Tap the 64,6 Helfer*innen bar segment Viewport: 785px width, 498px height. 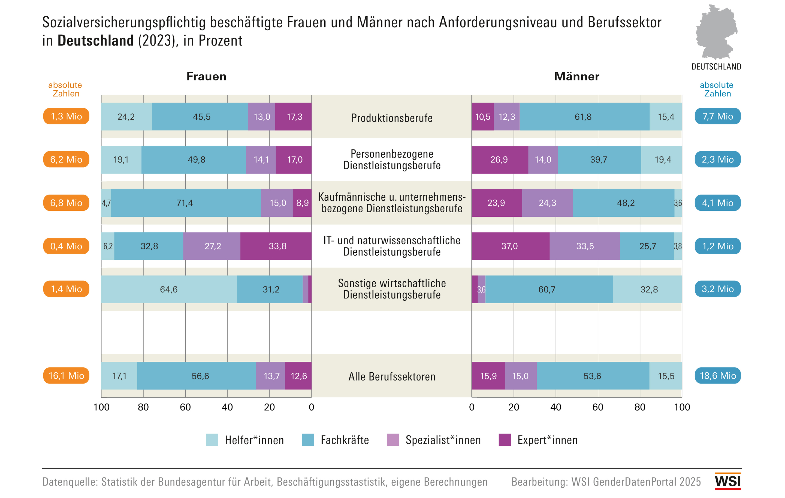point(169,289)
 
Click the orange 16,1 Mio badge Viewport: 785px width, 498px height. point(66,376)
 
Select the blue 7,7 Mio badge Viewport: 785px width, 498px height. point(717,116)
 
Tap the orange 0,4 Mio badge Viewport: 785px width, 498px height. point(66,246)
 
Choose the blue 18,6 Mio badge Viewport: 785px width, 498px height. point(717,376)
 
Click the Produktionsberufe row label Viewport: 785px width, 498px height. point(392,118)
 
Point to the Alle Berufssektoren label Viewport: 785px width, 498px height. point(392,376)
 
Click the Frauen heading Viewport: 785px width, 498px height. point(206,76)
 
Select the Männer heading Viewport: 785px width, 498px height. point(577,76)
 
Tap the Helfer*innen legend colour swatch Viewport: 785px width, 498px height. point(212,440)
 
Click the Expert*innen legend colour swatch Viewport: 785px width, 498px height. point(505,440)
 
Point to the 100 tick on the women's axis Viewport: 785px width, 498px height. point(101,407)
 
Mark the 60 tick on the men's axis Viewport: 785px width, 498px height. point(598,407)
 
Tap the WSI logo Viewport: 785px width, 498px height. point(728,481)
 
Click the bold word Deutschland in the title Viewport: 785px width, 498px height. point(95,41)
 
